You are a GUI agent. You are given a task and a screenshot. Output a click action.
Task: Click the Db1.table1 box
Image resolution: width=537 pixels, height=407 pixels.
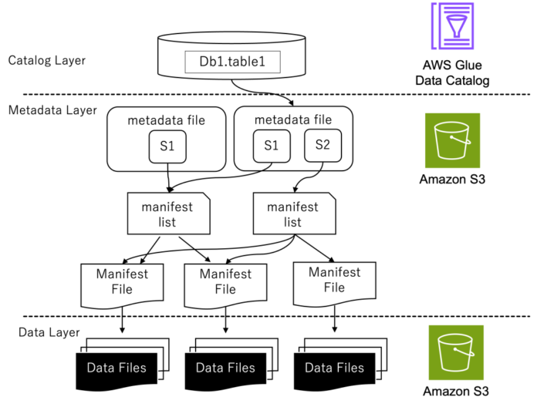point(232,62)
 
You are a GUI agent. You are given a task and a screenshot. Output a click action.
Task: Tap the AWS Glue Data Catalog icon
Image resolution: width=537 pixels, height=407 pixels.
point(452,26)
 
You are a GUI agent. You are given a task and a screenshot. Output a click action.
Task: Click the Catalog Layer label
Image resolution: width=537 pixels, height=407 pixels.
point(46,61)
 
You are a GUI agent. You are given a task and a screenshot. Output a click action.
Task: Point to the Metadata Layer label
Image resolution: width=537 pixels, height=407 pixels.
point(52,110)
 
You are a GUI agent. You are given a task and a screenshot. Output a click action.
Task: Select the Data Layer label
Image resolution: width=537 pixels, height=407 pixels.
point(49,332)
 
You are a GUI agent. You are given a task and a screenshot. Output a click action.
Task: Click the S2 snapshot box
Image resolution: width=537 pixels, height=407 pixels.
point(323,145)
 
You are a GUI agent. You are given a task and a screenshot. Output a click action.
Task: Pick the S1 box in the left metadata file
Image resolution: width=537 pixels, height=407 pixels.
point(167,146)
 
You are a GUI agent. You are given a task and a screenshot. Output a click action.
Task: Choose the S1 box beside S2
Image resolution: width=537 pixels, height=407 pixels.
point(272,146)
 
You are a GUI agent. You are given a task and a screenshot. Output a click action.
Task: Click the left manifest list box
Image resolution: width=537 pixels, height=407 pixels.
point(168,214)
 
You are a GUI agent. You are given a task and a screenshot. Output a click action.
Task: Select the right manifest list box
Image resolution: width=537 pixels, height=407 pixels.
point(294,214)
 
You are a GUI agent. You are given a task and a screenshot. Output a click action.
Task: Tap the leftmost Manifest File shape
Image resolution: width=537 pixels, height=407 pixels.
point(122,285)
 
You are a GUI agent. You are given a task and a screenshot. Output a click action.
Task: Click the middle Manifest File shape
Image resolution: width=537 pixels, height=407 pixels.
point(225,285)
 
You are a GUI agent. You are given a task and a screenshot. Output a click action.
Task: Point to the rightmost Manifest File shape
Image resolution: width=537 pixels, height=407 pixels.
point(335,284)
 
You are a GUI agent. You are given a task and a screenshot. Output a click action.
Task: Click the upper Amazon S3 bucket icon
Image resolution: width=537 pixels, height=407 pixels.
point(452,140)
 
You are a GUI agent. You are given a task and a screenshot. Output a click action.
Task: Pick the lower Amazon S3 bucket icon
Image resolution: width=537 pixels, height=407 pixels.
point(456,352)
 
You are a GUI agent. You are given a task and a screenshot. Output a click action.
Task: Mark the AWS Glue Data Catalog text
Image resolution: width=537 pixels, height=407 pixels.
point(452,73)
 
